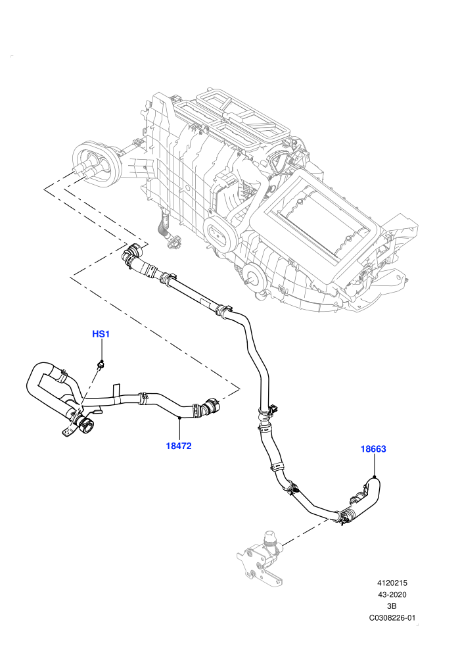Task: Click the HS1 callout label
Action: [x=101, y=334]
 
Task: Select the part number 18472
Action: [x=179, y=446]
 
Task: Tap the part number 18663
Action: [x=373, y=449]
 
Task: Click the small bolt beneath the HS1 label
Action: [x=101, y=364]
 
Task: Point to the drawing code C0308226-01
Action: [x=392, y=617]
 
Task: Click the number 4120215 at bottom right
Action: [x=392, y=583]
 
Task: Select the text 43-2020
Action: [x=392, y=594]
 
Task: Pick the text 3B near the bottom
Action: [x=392, y=606]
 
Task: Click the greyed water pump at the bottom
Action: [x=260, y=558]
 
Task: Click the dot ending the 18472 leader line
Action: [x=179, y=418]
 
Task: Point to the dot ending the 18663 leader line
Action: [x=374, y=477]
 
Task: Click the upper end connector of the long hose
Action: [x=132, y=254]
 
